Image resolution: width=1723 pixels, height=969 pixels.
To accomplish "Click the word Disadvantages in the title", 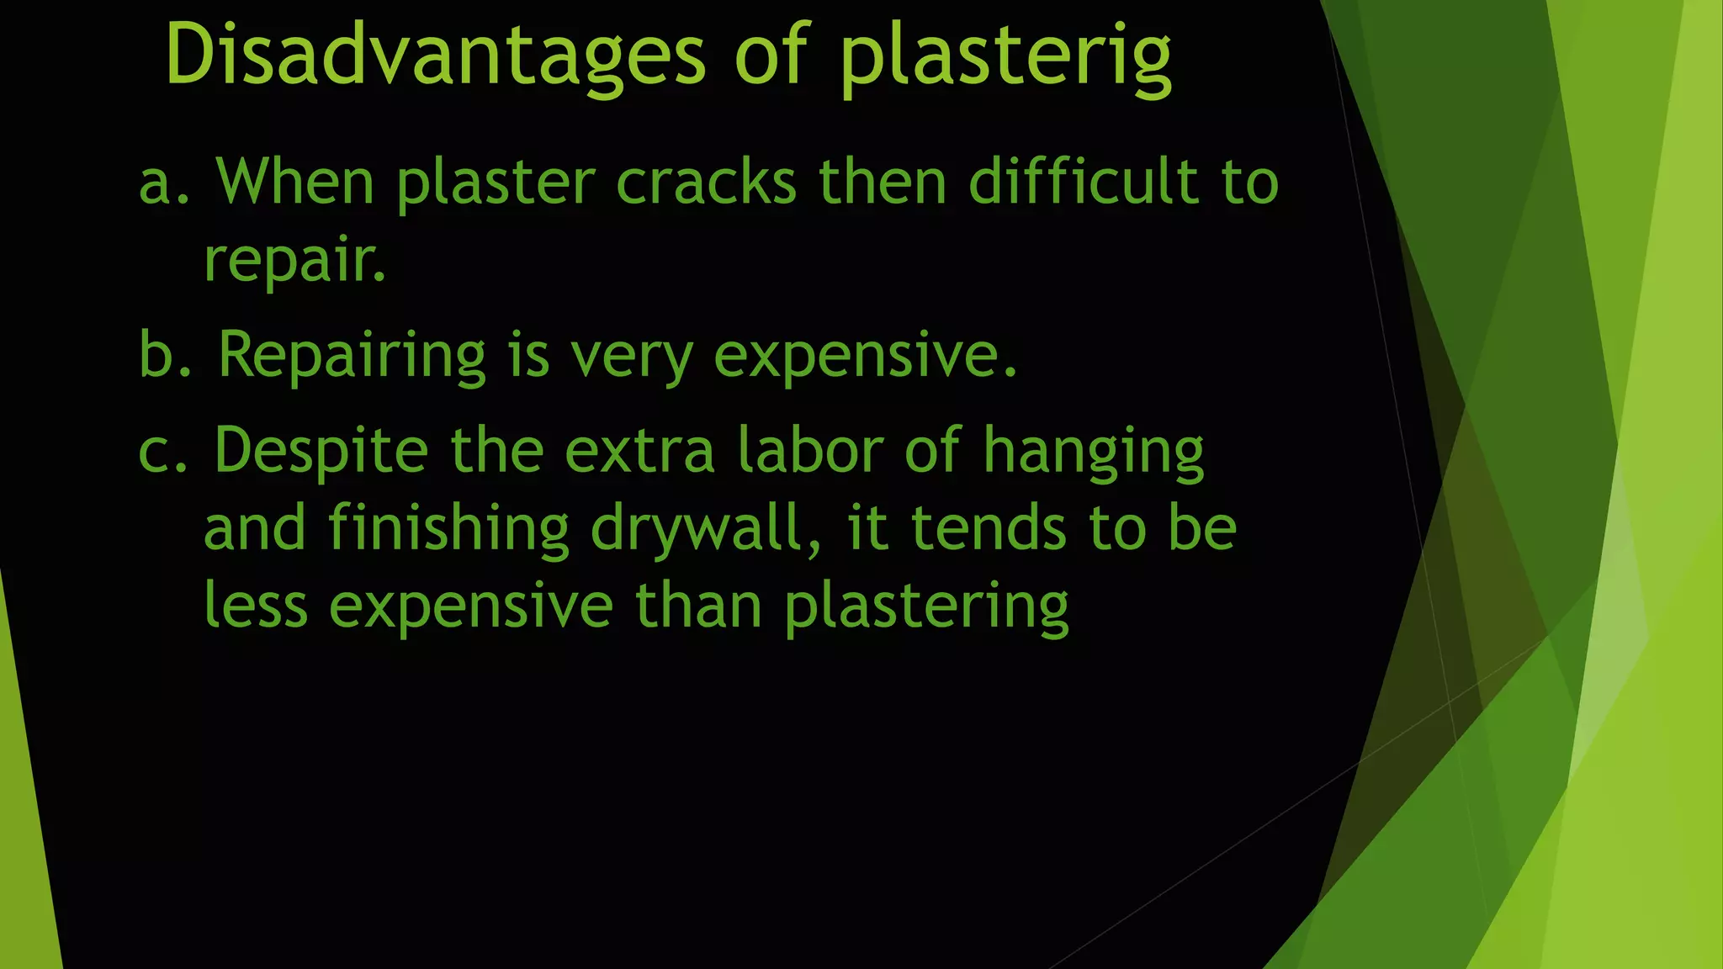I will point(434,56).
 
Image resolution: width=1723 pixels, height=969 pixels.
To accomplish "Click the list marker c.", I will point(163,451).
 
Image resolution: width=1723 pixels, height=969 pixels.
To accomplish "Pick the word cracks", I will point(706,182).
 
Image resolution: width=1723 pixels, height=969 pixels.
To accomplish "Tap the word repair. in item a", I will point(294,261).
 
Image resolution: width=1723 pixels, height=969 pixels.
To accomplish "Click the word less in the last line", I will point(256,606).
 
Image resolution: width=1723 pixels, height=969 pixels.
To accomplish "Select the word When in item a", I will point(295,182).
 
